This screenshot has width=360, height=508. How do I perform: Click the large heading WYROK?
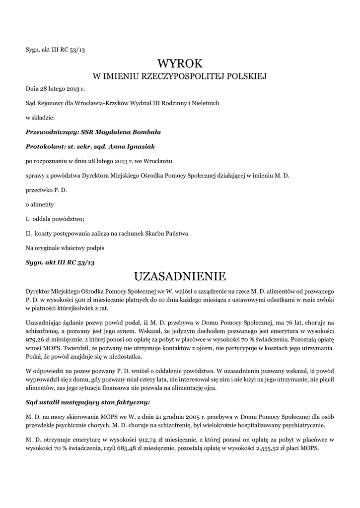point(180,63)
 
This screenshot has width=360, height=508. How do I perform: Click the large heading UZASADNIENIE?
point(180,276)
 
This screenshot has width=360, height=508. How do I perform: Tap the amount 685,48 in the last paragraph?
point(121,447)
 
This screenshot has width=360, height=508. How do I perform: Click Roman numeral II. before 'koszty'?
point(29,233)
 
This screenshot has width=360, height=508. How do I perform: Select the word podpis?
point(95,247)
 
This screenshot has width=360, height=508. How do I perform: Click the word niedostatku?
point(125,357)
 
